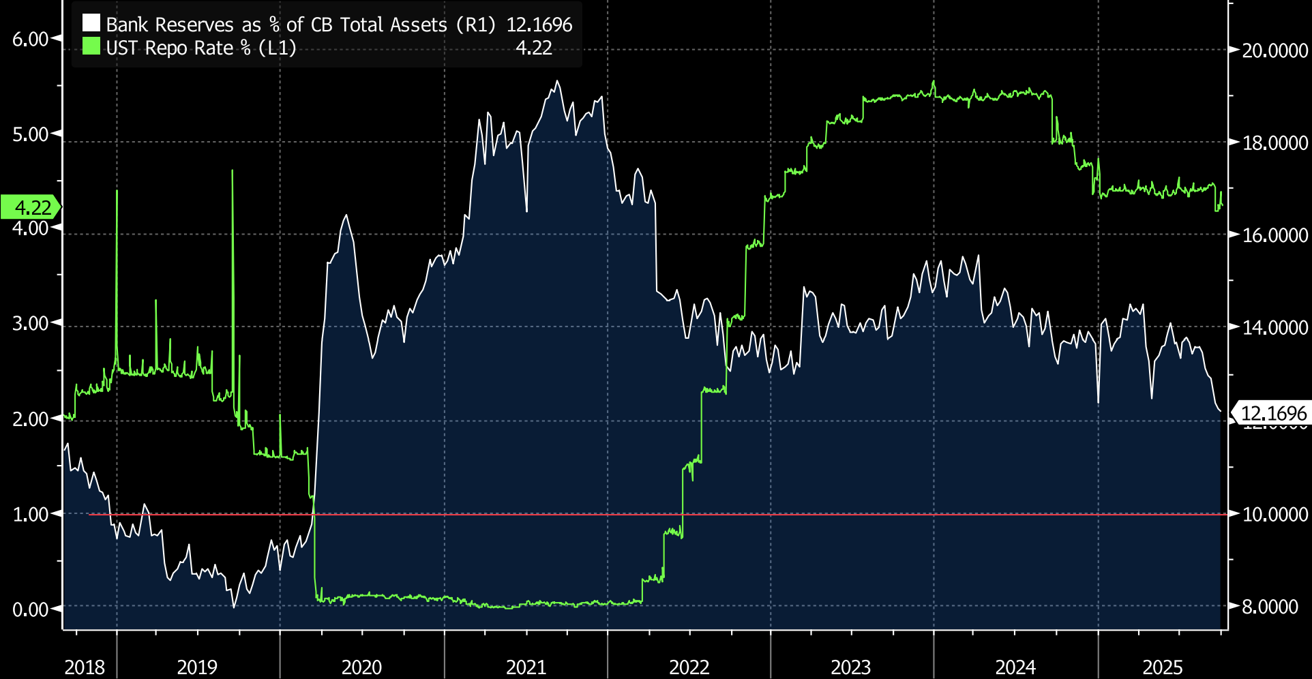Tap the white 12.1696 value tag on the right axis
pos(1272,414)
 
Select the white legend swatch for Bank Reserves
pos(91,24)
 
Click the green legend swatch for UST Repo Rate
pos(91,47)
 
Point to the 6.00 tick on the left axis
pos(31,40)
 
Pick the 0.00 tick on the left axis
pos(31,609)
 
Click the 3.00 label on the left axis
pos(31,324)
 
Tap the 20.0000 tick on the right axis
pos(1274,51)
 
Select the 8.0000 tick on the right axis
pos(1270,607)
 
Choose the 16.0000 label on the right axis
pos(1274,235)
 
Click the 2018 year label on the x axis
pos(85,667)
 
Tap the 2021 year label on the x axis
pos(526,667)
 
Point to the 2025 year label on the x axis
pos(1162,667)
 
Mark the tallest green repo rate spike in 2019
pos(233,171)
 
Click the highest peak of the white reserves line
pos(557,82)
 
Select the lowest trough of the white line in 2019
pos(234,606)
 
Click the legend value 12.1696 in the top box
pos(539,25)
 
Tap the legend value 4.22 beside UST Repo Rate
pos(533,48)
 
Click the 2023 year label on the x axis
pos(850,667)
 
